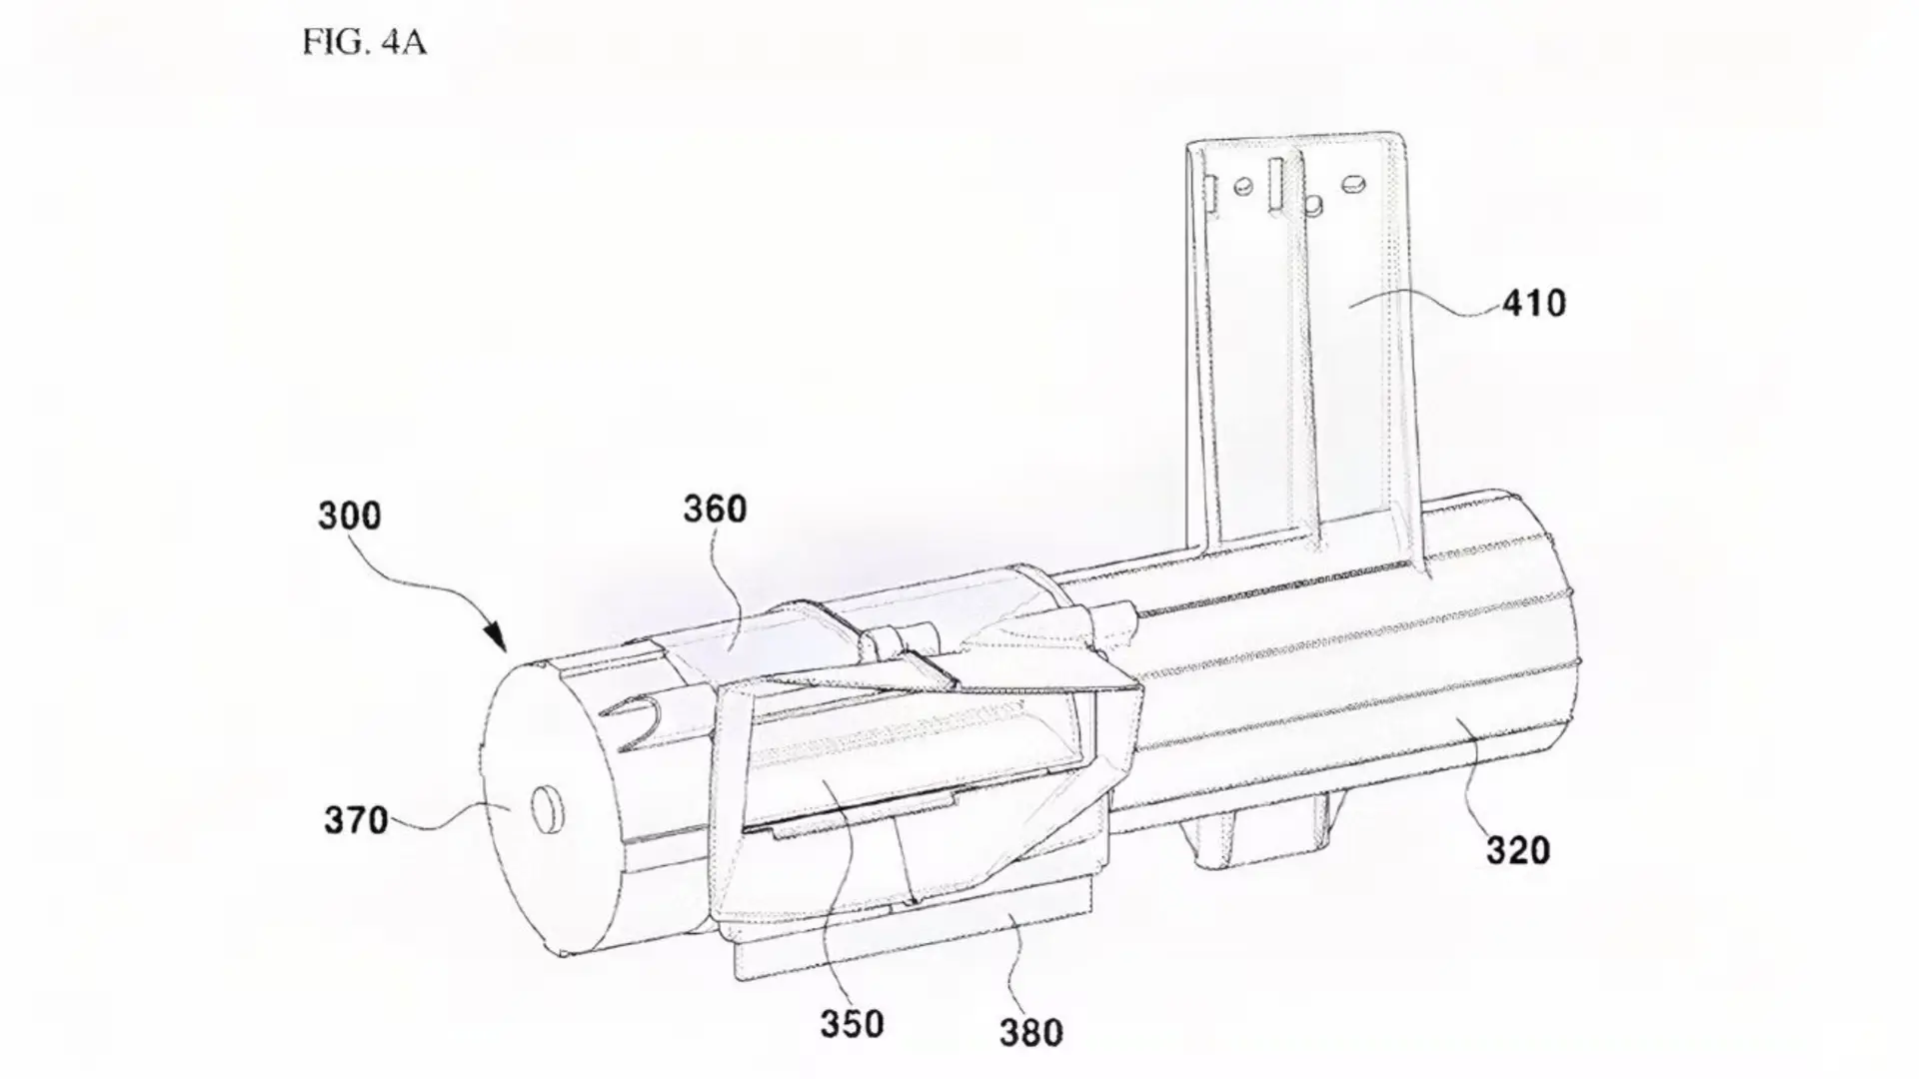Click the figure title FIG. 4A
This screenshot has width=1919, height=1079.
[365, 44]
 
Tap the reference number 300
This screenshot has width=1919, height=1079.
[350, 516]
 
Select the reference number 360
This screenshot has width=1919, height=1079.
[715, 510]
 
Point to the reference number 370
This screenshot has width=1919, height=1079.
[356, 820]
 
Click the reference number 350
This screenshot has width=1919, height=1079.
[853, 1024]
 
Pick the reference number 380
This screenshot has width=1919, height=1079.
[1030, 1032]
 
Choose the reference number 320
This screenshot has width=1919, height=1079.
[1518, 850]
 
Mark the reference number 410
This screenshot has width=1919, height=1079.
[1534, 303]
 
